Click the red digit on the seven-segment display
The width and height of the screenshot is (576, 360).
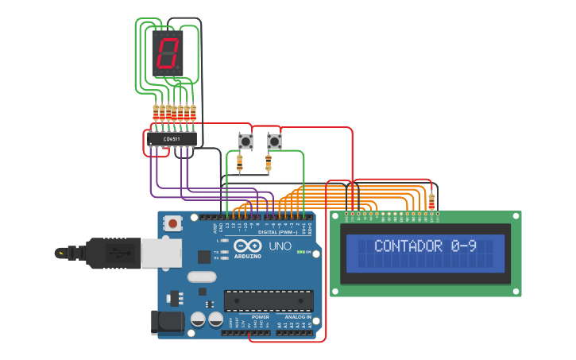point(168,54)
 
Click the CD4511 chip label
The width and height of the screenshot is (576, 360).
point(171,139)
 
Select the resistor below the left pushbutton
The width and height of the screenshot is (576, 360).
point(239,163)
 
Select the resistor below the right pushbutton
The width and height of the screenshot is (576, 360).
point(268,163)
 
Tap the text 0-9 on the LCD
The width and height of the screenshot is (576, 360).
point(463,246)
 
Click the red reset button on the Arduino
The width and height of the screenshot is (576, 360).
point(172,224)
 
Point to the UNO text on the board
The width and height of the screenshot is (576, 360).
point(280,246)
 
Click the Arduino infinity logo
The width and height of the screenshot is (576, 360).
point(247,246)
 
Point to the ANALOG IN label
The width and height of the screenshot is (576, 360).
point(298,316)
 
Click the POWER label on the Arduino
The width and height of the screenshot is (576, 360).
point(260,316)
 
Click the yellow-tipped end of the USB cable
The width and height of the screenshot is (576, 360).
point(60,254)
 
